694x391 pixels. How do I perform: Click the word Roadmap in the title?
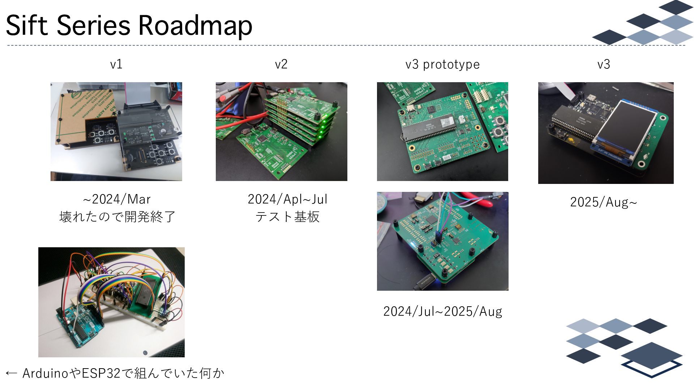[195, 25]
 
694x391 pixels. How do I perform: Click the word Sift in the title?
[26, 25]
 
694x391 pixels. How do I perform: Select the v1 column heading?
[116, 64]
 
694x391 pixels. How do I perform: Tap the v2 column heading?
[281, 64]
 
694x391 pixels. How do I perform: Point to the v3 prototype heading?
[442, 64]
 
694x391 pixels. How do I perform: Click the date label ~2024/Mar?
[116, 199]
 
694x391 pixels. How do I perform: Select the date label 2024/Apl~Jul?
[287, 199]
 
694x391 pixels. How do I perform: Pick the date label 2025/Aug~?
[603, 202]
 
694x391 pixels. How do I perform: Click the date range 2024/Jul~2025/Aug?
[442, 311]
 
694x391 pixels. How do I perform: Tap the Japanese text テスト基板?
[287, 217]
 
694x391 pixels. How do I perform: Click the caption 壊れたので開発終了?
[117, 217]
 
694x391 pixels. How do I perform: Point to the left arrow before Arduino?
[12, 373]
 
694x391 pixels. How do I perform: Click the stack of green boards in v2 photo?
[300, 119]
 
